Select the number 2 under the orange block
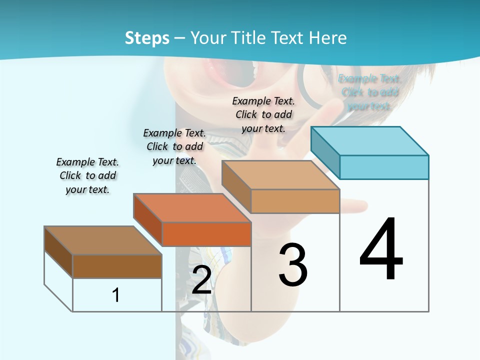tap(201, 280)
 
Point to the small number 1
tap(116, 295)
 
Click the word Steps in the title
tap(147, 38)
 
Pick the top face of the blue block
tap(370, 140)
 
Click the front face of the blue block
tap(384, 167)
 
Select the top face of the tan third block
tap(280, 175)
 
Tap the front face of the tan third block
tap(295, 201)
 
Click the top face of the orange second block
tap(192, 208)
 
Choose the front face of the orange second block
tap(206, 234)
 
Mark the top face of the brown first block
tap(103, 240)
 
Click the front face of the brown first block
tap(117, 266)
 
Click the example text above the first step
tap(87, 175)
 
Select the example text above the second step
tap(174, 146)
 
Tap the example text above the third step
tap(263, 114)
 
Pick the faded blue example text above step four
tap(369, 92)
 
